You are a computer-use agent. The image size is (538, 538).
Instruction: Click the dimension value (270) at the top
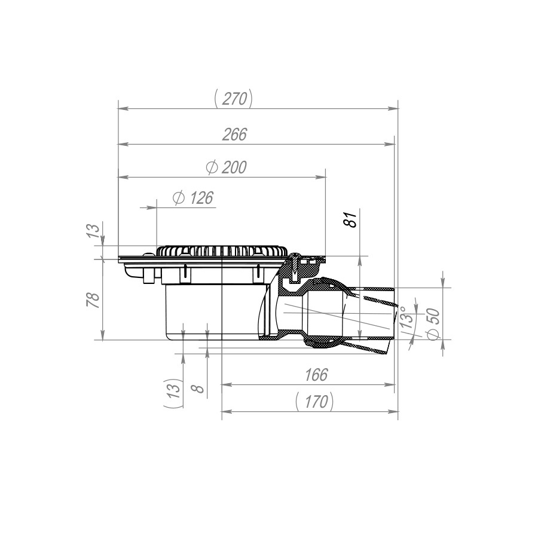233,99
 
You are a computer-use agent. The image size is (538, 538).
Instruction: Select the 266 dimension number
234,134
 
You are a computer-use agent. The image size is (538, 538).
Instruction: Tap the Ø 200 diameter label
226,167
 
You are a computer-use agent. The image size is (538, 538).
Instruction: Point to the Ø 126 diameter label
193,198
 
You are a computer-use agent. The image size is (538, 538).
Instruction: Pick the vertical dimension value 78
94,300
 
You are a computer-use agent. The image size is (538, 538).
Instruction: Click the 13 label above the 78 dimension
94,232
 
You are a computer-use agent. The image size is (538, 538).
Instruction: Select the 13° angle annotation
407,318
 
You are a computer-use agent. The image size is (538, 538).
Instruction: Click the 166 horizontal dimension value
316,375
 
